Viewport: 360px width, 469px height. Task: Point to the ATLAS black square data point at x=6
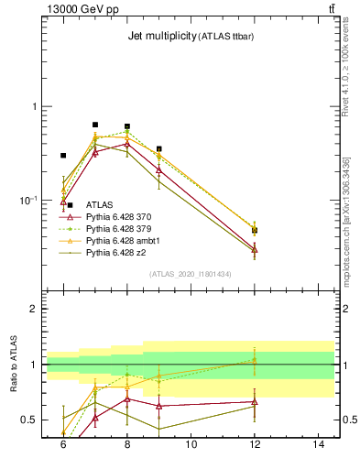(x=63, y=156)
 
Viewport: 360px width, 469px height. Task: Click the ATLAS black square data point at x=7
(x=95, y=125)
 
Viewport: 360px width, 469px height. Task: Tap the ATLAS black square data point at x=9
(x=159, y=148)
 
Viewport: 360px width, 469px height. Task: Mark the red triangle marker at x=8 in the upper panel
(x=127, y=144)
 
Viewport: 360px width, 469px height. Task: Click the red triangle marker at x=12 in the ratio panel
(x=255, y=401)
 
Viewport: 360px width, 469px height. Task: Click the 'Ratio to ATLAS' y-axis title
(x=14, y=365)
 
